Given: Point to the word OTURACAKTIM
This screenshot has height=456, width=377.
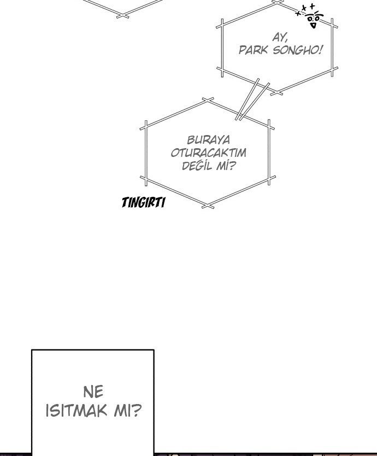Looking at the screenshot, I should point(208,153).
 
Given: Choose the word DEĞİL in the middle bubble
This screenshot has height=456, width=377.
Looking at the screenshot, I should point(197,165).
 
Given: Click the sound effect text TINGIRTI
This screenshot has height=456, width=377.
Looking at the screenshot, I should point(143,203).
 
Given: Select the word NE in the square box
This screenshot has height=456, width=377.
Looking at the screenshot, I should point(93,391).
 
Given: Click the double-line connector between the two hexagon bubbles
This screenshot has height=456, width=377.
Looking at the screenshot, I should point(252,100).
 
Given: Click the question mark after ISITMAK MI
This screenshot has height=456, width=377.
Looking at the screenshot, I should point(137,411).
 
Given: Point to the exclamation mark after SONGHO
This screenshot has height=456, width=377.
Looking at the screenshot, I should point(320,50).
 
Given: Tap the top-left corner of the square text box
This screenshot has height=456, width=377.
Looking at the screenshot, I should point(32,350).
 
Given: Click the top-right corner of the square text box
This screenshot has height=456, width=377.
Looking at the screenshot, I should point(153,350).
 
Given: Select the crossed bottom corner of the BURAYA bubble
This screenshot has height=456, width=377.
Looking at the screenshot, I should point(208,205).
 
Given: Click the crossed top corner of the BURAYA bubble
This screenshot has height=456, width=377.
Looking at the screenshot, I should point(208,100).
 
